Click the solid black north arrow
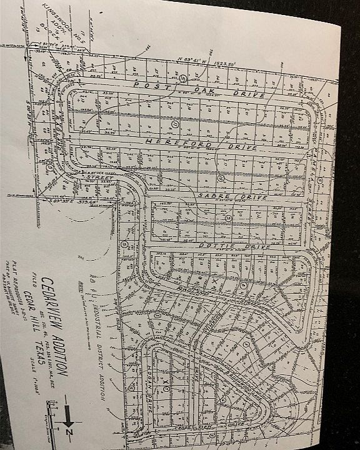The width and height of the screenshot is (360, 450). pos(65,414)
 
